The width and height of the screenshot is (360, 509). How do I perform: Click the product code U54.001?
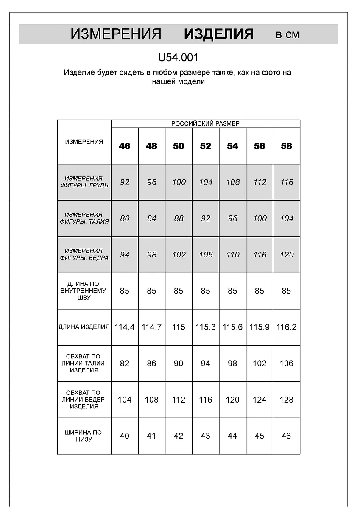click(178, 57)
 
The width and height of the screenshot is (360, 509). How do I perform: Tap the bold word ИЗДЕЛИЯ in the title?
click(219, 34)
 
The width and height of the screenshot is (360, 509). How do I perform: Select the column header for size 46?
click(125, 146)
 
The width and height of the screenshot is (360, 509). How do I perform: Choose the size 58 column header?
click(287, 146)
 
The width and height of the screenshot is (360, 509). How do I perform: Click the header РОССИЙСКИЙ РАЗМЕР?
click(205, 123)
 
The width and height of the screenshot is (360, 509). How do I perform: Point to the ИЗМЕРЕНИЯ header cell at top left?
click(84, 142)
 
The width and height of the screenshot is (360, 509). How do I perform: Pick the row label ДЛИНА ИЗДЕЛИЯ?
click(84, 327)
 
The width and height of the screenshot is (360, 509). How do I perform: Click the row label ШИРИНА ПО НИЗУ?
click(84, 436)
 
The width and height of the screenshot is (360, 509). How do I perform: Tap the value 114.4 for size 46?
click(125, 327)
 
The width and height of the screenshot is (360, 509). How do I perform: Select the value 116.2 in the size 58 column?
click(287, 327)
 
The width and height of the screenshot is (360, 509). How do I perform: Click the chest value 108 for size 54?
click(233, 182)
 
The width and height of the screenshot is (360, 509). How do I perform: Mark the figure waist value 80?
click(125, 218)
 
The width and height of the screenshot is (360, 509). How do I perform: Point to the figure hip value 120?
click(287, 255)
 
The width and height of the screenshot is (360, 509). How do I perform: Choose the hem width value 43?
click(206, 436)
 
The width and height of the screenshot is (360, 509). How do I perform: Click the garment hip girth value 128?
click(287, 400)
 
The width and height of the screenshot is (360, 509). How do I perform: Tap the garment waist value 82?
click(125, 364)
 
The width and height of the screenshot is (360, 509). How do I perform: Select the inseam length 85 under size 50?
click(179, 291)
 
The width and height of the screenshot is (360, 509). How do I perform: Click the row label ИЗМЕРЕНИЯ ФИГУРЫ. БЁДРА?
click(84, 255)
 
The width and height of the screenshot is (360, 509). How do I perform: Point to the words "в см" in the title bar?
click(287, 35)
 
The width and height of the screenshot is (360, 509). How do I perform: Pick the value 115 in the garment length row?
click(179, 327)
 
